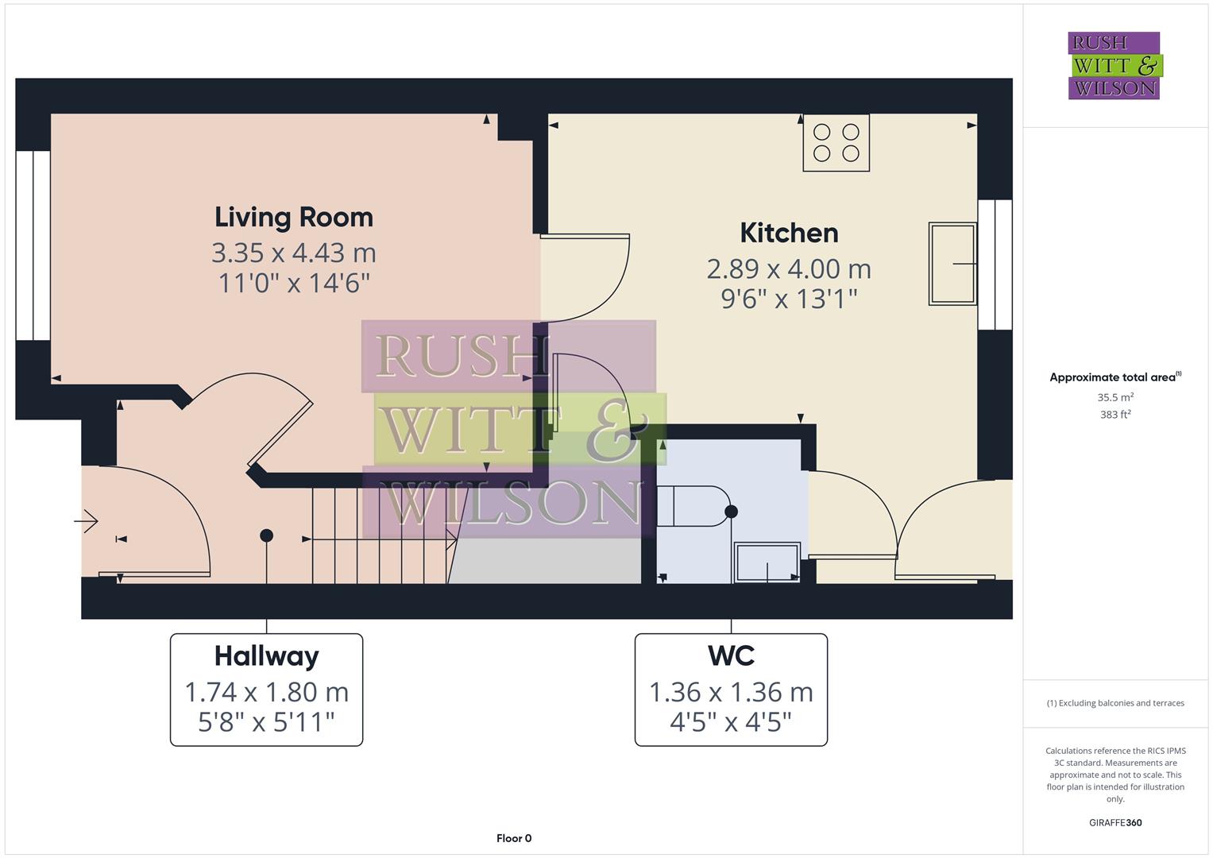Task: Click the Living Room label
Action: (x=293, y=217)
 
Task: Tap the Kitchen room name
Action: (x=789, y=233)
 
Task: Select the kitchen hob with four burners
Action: (x=836, y=143)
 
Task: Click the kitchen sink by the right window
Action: (x=952, y=264)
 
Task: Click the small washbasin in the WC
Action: (x=767, y=562)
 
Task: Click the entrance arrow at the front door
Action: (x=86, y=522)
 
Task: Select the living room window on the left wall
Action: (x=33, y=245)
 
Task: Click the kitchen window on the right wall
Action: (x=995, y=265)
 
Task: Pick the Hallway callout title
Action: (x=266, y=656)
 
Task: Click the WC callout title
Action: (x=731, y=656)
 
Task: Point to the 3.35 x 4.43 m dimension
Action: (x=293, y=253)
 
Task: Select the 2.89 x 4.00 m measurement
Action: (x=789, y=269)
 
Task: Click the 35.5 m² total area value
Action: (x=1115, y=397)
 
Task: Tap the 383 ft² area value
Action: (x=1115, y=415)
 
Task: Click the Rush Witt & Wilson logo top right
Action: (x=1114, y=66)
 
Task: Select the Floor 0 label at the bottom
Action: (x=514, y=838)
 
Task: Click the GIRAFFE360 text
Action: (x=1115, y=822)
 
